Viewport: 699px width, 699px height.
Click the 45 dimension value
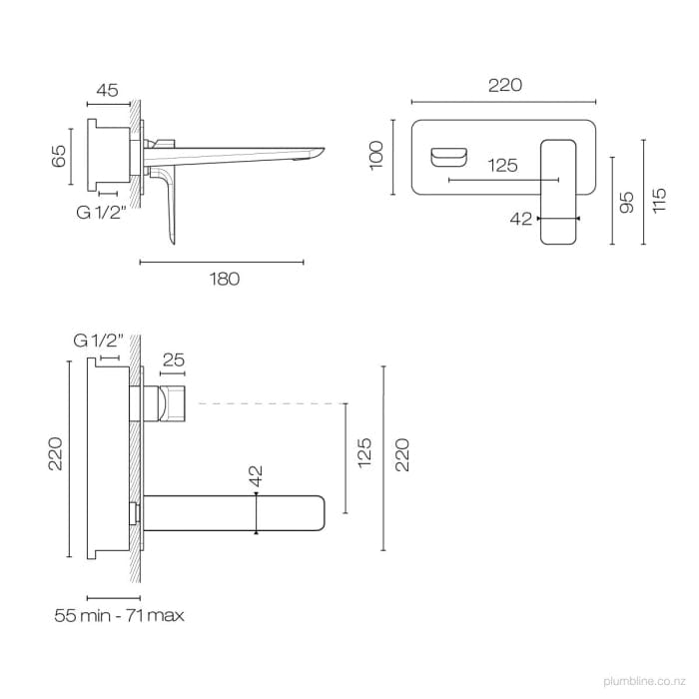click(x=107, y=90)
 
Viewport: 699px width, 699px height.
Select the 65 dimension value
click(x=58, y=156)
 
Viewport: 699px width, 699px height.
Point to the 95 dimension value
click(x=626, y=203)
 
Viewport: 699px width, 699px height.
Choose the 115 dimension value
click(x=658, y=203)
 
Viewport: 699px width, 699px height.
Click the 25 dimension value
click(x=173, y=358)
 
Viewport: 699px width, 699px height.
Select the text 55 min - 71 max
click(x=119, y=616)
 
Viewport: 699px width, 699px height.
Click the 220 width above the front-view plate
click(x=505, y=86)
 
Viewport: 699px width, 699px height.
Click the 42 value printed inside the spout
click(x=257, y=477)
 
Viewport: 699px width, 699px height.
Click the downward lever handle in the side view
click(x=166, y=205)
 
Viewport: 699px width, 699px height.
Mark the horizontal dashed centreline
click(x=270, y=403)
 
